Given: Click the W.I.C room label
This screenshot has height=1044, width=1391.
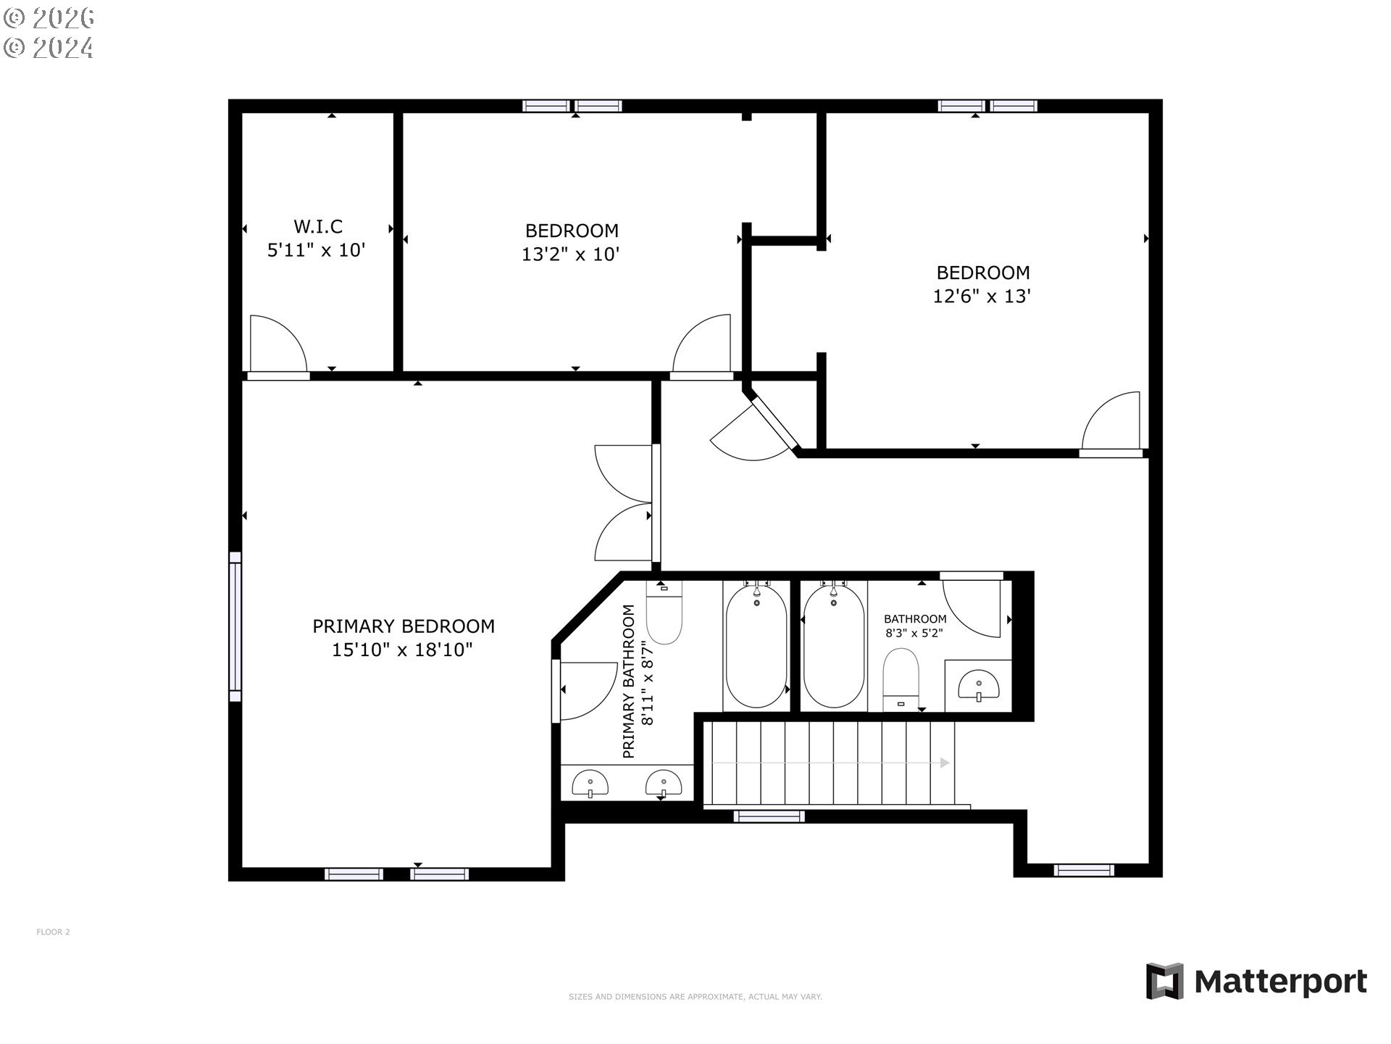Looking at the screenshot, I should [x=317, y=226].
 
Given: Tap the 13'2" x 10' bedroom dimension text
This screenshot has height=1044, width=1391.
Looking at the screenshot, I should [x=571, y=254].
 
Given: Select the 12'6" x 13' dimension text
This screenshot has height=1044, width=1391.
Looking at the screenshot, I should [x=982, y=297].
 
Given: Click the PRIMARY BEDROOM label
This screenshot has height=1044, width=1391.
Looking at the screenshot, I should [x=404, y=626].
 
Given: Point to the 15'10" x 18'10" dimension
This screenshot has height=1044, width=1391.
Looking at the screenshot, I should [x=402, y=650].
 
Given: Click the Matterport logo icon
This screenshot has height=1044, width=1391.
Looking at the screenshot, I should [x=1164, y=981].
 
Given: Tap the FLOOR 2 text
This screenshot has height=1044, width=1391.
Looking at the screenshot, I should [x=53, y=932].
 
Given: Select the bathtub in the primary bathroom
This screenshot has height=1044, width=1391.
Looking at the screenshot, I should [x=756, y=645].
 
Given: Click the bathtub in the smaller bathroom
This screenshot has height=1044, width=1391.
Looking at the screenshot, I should [x=834, y=645].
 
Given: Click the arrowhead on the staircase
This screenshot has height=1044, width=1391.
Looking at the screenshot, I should [x=944, y=763].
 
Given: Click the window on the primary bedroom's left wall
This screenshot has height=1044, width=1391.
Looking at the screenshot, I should [x=235, y=626].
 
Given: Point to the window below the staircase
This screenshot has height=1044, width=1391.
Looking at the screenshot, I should [x=769, y=816].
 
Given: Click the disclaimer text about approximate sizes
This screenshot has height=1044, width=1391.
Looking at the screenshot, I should [x=695, y=997].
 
